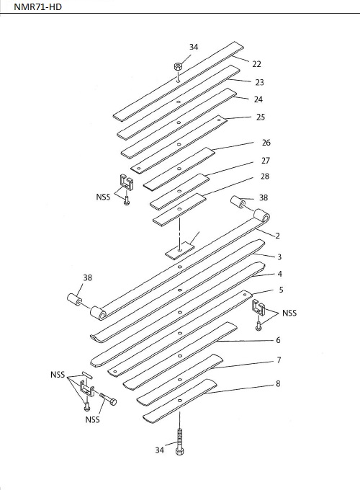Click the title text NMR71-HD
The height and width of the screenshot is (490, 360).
pos(37,6)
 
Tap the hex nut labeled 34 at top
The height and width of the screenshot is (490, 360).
pos(178,66)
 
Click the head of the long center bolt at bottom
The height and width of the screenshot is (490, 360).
pos(179,451)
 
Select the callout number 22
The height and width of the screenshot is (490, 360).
pos(256,64)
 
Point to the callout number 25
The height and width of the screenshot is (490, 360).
pos(261,117)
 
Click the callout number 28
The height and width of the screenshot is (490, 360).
pos(265,177)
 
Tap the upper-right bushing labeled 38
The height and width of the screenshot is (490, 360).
pos(237,202)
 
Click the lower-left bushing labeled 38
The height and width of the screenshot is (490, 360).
pos(74,299)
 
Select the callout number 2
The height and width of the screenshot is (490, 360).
pos(277,236)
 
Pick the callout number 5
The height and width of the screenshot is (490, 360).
pos(281,290)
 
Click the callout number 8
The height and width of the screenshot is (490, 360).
pos(278,383)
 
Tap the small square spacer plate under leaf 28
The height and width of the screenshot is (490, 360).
pos(179,250)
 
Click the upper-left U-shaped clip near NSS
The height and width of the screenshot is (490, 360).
pos(127,182)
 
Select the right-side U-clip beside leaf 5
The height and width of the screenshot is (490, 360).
pos(258,308)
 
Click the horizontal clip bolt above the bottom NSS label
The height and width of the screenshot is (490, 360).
pos(108,398)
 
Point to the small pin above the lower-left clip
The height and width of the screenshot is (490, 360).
pos(87,375)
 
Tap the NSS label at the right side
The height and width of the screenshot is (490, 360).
pos(289,313)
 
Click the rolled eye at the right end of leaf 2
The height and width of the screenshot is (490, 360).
pos(261,215)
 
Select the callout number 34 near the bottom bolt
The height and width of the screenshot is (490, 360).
pos(160,450)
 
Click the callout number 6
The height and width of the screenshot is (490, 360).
pos(278,340)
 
